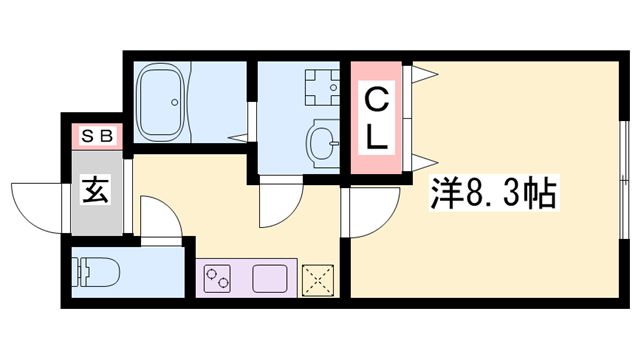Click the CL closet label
(x=375, y=118)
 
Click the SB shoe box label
(x=96, y=135)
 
